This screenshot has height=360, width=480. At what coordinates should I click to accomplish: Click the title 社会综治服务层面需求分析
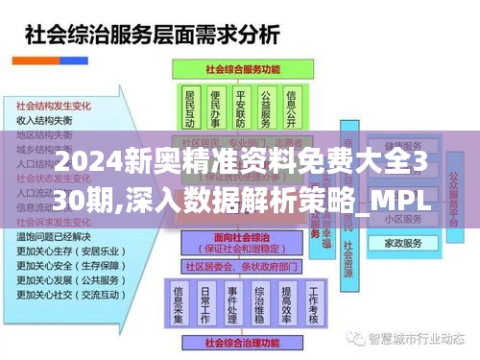coord(150,36)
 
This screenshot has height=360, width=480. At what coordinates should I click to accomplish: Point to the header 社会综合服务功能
coord(241,69)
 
